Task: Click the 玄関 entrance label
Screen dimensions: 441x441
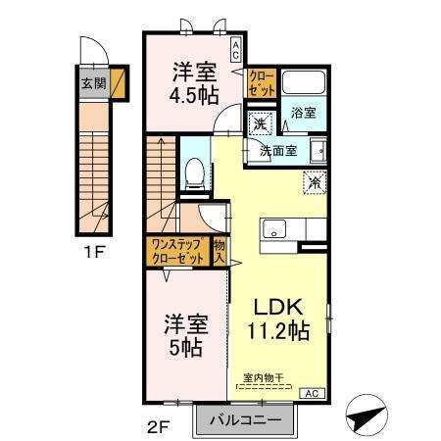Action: coord(94,83)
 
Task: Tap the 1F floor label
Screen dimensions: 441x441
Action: coord(94,252)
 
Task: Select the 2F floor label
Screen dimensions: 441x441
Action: coord(158,427)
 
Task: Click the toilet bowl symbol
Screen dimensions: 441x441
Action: coord(195,173)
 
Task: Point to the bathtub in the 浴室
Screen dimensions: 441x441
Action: coord(304,82)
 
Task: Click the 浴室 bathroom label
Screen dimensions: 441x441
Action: coord(304,113)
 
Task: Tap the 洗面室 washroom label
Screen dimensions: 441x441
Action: coord(278,151)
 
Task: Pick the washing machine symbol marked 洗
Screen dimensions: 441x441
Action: coord(260,123)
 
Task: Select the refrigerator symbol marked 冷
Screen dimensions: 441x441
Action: coord(315,182)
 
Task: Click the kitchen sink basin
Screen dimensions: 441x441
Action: coord(274,228)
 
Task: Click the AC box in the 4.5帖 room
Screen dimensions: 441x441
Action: coord(236,50)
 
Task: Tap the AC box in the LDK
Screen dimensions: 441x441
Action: coord(312,393)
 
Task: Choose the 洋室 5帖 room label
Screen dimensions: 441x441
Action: coord(186,335)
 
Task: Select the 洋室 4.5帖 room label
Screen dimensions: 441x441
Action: coord(194,83)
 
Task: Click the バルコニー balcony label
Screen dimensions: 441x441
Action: coord(245,419)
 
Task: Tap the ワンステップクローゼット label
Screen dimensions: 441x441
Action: coord(178,251)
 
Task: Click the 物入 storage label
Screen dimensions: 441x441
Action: coord(220,251)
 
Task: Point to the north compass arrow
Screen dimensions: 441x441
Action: coord(367,415)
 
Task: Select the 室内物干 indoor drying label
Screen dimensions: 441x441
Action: coord(264,378)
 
